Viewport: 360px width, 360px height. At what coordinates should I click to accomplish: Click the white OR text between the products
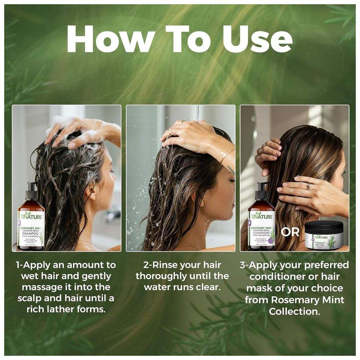[290, 232]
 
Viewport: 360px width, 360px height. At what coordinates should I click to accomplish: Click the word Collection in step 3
[295, 311]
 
